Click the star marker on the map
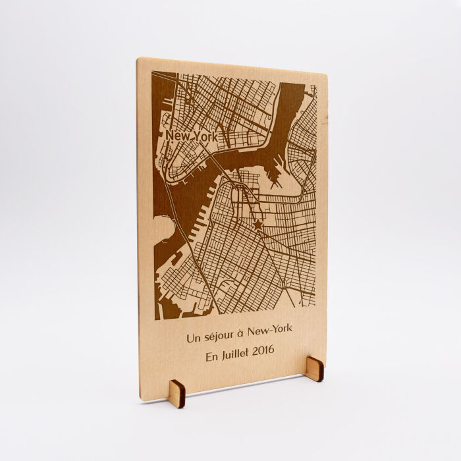(258, 225)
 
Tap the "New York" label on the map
(191, 136)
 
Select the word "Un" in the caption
(194, 339)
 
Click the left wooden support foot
(177, 394)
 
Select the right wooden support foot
(314, 369)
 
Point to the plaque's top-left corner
(138, 60)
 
